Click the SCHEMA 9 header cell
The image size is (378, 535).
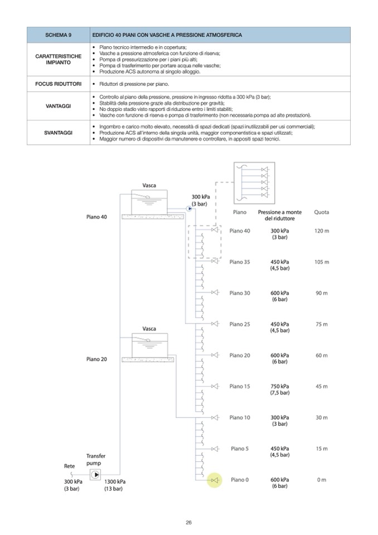(x=59, y=35)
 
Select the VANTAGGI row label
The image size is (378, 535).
(x=59, y=105)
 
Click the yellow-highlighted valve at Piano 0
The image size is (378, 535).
(x=215, y=480)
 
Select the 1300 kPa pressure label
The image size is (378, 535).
(x=114, y=481)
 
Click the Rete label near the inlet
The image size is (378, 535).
(x=70, y=466)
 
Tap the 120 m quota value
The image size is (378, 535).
(x=322, y=230)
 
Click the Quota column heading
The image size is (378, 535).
(x=322, y=212)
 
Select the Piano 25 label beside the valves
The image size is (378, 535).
(x=240, y=324)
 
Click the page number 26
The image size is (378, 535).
(x=189, y=522)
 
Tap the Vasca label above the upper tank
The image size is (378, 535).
(x=149, y=185)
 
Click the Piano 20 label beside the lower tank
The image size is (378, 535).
(x=96, y=359)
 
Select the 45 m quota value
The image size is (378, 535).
(x=322, y=386)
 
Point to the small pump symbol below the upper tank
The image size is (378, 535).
(x=190, y=209)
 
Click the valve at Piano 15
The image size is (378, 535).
(x=215, y=386)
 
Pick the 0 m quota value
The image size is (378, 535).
(x=322, y=480)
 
